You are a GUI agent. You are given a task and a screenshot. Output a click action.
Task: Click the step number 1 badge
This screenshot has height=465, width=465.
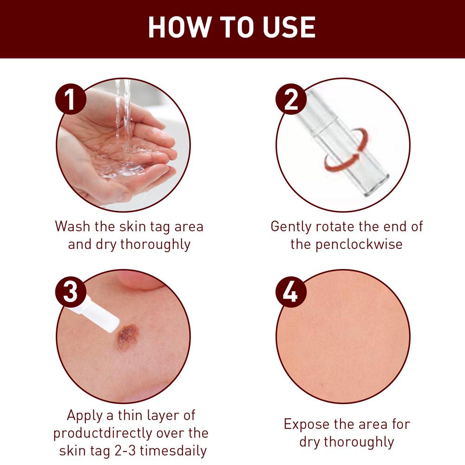click(71, 99)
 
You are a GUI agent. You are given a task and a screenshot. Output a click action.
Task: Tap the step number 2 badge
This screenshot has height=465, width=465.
click(291, 99)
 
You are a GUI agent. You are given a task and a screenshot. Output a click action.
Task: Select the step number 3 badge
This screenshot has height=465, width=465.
click(71, 292)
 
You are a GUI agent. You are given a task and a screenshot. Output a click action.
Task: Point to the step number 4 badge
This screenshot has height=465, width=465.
click(291, 292)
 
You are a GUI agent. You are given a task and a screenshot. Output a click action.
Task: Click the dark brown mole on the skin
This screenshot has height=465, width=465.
click(127, 336)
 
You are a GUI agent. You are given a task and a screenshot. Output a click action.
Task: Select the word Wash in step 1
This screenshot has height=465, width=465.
click(72, 227)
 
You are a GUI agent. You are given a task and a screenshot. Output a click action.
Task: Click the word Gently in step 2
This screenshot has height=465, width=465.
click(292, 227)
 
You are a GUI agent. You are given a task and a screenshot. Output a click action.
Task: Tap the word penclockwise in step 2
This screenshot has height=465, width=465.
click(359, 245)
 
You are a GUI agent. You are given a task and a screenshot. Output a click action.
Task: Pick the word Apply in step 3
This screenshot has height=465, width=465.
click(85, 416)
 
